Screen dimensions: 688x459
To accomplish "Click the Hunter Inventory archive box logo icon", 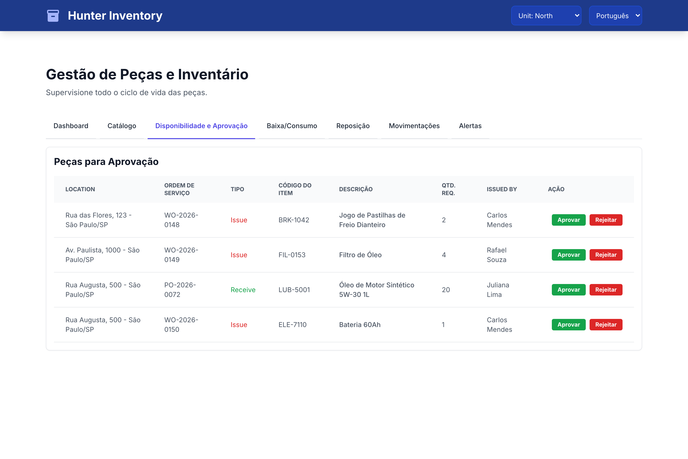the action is (53, 16).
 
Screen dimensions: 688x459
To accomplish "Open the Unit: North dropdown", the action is (546, 16).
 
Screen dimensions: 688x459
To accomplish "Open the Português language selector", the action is (615, 16).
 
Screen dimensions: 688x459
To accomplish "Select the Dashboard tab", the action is (71, 126).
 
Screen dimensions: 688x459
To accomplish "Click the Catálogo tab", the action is (122, 126).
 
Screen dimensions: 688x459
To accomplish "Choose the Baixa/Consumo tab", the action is (292, 126).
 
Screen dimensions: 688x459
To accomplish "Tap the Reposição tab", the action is (353, 126).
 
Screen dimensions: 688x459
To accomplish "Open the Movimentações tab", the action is (414, 126).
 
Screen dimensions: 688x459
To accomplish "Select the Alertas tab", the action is (470, 126).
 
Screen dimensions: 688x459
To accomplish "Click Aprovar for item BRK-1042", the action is (568, 220).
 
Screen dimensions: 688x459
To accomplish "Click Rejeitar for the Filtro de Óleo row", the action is (606, 255).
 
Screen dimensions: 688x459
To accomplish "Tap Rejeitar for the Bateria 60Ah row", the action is (606, 325).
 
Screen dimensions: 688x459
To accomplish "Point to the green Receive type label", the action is (243, 290).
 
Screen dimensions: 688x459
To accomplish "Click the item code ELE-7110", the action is (292, 325).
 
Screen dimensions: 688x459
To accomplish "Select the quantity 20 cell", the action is (446, 290).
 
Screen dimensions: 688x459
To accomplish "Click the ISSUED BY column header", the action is (502, 189).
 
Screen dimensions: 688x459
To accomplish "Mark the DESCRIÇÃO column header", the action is (356, 189).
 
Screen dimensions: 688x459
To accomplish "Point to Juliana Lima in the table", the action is (498, 290).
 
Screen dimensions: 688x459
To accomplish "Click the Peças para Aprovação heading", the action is (106, 162).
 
